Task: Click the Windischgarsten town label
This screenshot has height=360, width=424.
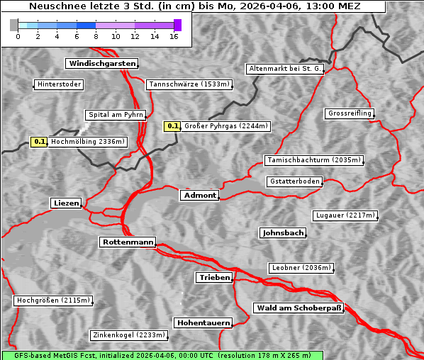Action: (101, 64)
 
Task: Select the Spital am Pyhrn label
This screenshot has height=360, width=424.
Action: (116, 115)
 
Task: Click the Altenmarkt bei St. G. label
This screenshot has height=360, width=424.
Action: (285, 69)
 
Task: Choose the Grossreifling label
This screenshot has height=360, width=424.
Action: (350, 113)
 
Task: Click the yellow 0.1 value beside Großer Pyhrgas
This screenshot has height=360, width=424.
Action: (173, 126)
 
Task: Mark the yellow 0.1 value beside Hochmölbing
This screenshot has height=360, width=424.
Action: (39, 142)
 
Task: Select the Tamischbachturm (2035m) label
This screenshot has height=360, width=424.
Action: (313, 160)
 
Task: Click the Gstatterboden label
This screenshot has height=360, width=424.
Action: (294, 181)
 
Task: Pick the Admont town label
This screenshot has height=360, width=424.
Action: (199, 195)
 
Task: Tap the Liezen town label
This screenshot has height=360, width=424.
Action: (66, 203)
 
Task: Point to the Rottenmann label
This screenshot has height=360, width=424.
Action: (128, 242)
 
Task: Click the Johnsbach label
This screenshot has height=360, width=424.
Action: (283, 233)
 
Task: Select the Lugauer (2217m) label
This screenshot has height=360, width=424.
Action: (345, 215)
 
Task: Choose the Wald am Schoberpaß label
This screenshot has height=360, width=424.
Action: (298, 308)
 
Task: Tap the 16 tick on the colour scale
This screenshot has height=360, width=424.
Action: (174, 36)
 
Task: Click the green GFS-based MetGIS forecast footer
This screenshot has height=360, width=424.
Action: (162, 355)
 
